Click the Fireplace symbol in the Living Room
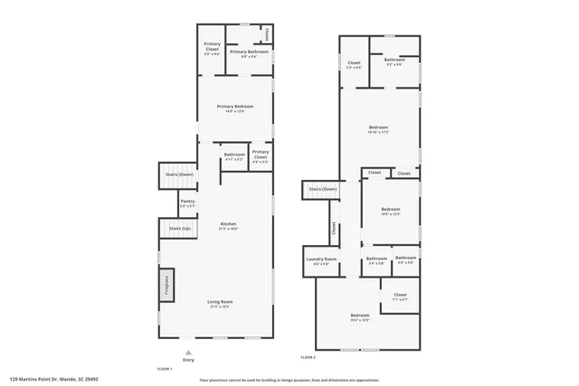click(167, 286)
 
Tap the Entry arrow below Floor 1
click(188, 354)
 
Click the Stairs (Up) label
click(179, 229)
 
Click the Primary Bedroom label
click(234, 108)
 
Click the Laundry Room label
click(321, 260)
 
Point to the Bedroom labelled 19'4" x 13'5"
click(360, 315)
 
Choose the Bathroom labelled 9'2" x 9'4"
click(394, 61)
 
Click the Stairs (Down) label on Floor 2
click(322, 189)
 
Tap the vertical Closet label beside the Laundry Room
click(333, 229)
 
